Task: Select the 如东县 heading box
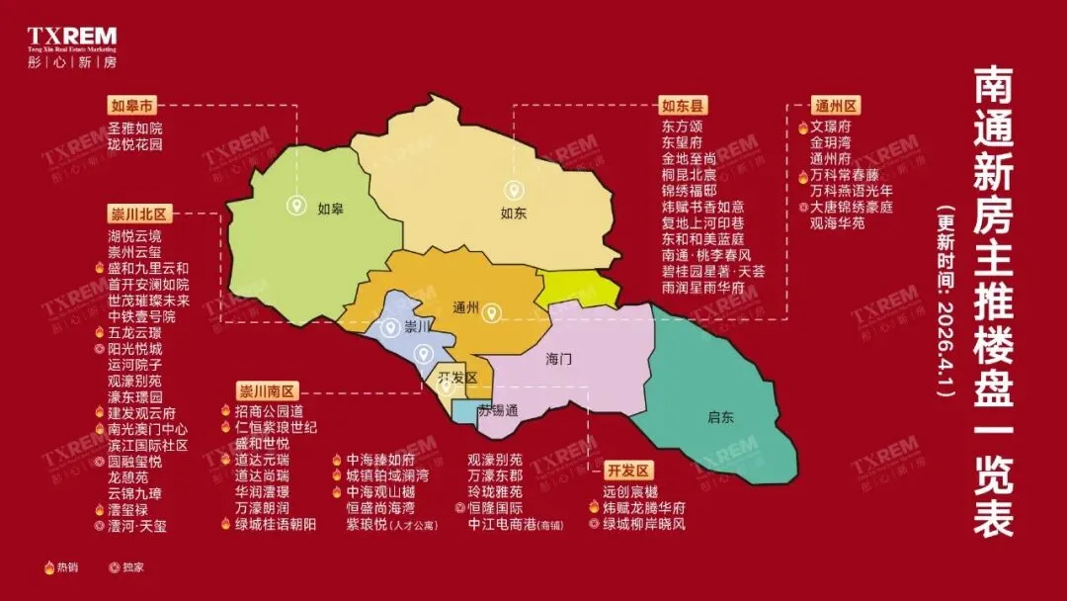[x=685, y=106]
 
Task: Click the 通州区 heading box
[x=835, y=106]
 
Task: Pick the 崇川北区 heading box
[x=139, y=214]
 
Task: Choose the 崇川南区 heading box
[x=267, y=390]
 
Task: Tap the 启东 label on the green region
[x=721, y=416]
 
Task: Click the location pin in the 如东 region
[x=512, y=190]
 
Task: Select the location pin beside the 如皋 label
[x=294, y=206]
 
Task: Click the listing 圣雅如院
[x=134, y=129]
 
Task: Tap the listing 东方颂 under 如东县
[x=683, y=128]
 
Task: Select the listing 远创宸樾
[x=629, y=491]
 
